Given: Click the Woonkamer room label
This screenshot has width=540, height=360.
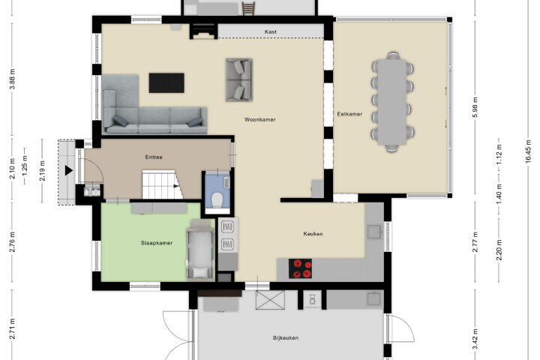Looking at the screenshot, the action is (260, 119).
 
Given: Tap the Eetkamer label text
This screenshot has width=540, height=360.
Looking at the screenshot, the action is (349, 114).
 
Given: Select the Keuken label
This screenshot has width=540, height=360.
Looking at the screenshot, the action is (313, 233).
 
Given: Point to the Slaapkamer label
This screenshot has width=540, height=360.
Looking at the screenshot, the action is (156, 243).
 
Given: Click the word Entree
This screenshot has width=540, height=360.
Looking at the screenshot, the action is (154, 157).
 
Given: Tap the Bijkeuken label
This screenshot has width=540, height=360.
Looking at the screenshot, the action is (286, 338).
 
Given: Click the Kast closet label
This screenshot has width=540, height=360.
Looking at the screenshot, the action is (271, 31).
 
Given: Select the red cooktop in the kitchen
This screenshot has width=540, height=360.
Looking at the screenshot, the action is (300, 268).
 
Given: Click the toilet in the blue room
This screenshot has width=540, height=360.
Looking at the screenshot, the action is (217, 200).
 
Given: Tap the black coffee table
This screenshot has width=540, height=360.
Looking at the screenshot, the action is (166, 82).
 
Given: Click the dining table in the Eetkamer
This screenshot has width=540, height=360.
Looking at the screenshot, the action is (392, 102).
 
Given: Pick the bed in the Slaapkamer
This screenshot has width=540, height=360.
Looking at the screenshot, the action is (199, 249).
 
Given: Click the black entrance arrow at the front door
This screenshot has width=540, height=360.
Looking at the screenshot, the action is (69, 170).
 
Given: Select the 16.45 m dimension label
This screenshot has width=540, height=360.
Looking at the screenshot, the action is (529, 153).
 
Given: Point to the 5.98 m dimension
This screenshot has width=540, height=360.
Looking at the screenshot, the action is (475, 107).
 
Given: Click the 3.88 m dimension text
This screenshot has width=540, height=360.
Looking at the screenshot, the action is (13, 79).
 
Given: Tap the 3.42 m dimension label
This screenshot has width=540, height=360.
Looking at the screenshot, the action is (475, 339).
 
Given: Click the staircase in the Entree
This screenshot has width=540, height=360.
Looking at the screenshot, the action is (163, 184).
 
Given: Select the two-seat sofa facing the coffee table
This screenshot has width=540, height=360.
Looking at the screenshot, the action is (239, 80).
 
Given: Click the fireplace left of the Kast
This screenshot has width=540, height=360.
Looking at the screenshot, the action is (204, 31).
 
